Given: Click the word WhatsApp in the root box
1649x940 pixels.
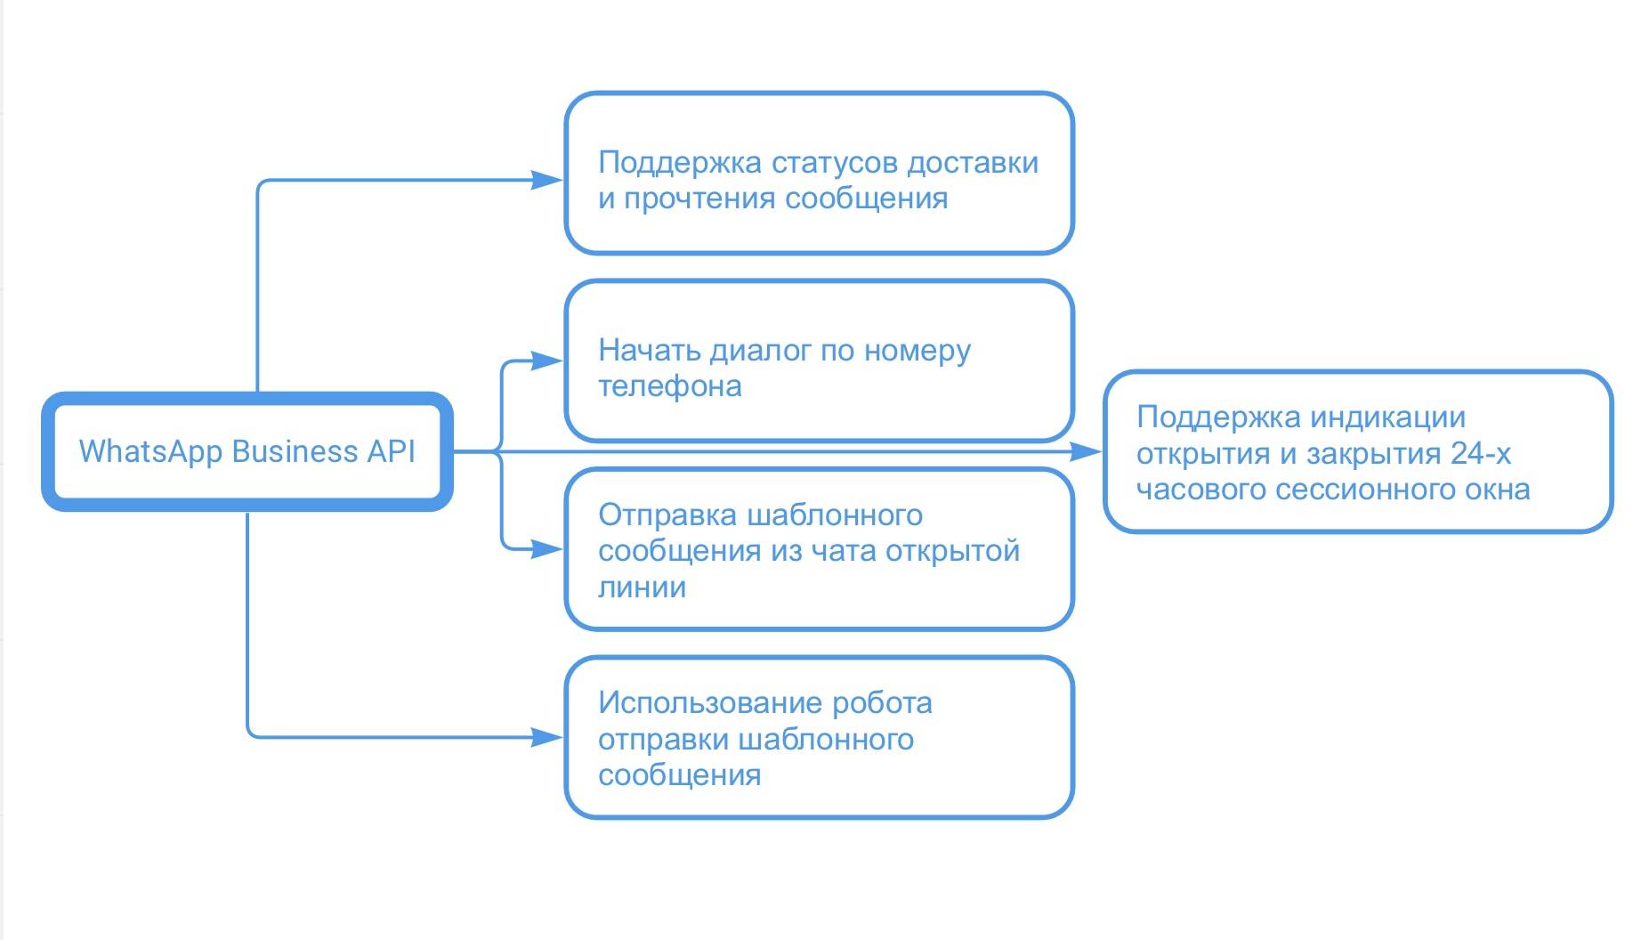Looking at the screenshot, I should (150, 451).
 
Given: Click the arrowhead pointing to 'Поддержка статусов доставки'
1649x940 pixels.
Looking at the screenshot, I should (546, 180).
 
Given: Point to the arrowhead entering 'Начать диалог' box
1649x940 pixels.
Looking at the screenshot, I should (546, 361).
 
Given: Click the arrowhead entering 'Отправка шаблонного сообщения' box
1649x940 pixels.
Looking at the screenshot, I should (546, 549).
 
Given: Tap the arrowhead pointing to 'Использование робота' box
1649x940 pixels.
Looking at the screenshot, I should (546, 737).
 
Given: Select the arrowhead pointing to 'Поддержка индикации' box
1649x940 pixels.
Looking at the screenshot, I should (1085, 452).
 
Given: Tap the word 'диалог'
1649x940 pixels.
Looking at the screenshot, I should (761, 351).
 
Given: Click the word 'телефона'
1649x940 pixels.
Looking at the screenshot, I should (669, 386).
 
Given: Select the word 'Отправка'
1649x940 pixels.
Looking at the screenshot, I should (667, 515).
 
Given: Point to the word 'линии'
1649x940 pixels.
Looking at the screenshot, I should (642, 587).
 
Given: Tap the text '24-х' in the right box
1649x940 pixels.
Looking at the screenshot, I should (1480, 453).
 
